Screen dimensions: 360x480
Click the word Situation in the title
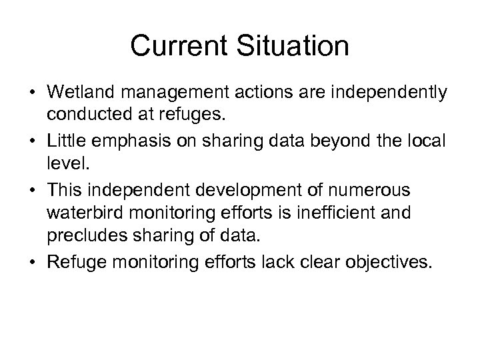(294, 46)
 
